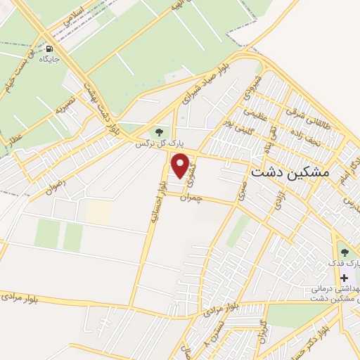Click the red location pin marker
181,166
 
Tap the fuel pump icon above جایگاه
49,49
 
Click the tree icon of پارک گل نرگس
157,131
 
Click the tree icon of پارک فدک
344,252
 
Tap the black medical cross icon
344,277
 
